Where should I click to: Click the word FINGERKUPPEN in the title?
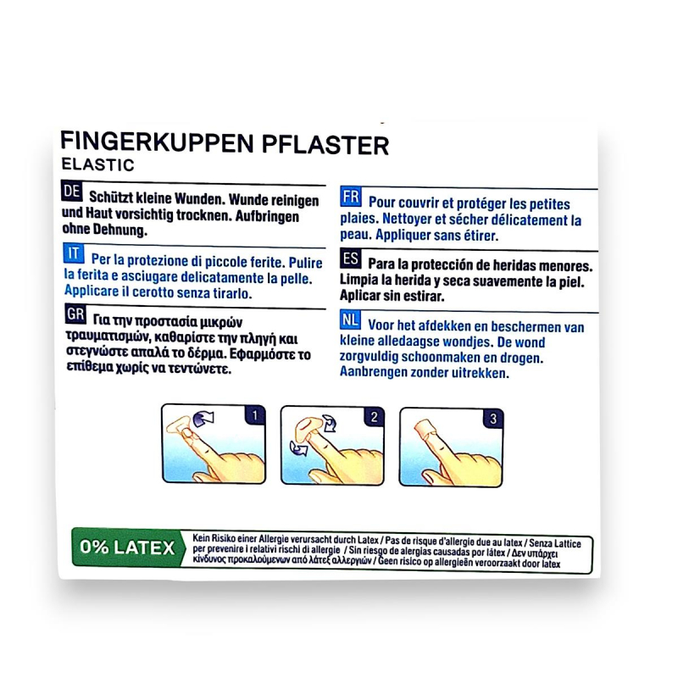[x=157, y=142]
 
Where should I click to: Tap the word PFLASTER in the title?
[x=325, y=145]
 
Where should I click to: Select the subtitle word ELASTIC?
[x=97, y=164]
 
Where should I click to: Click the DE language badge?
[x=72, y=192]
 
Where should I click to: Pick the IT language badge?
[x=74, y=253]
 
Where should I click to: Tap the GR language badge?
[x=75, y=314]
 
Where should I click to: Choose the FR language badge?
[x=351, y=197]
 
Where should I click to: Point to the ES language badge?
[x=350, y=258]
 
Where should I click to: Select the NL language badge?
[x=350, y=320]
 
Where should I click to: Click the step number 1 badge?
[x=255, y=415]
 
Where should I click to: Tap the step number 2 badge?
[x=374, y=417]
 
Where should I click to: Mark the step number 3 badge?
[x=493, y=419]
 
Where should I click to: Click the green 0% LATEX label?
[x=128, y=547]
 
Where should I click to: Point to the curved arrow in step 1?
[x=203, y=419]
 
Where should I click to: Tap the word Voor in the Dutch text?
[x=381, y=325]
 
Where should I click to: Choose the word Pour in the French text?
[x=382, y=203]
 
